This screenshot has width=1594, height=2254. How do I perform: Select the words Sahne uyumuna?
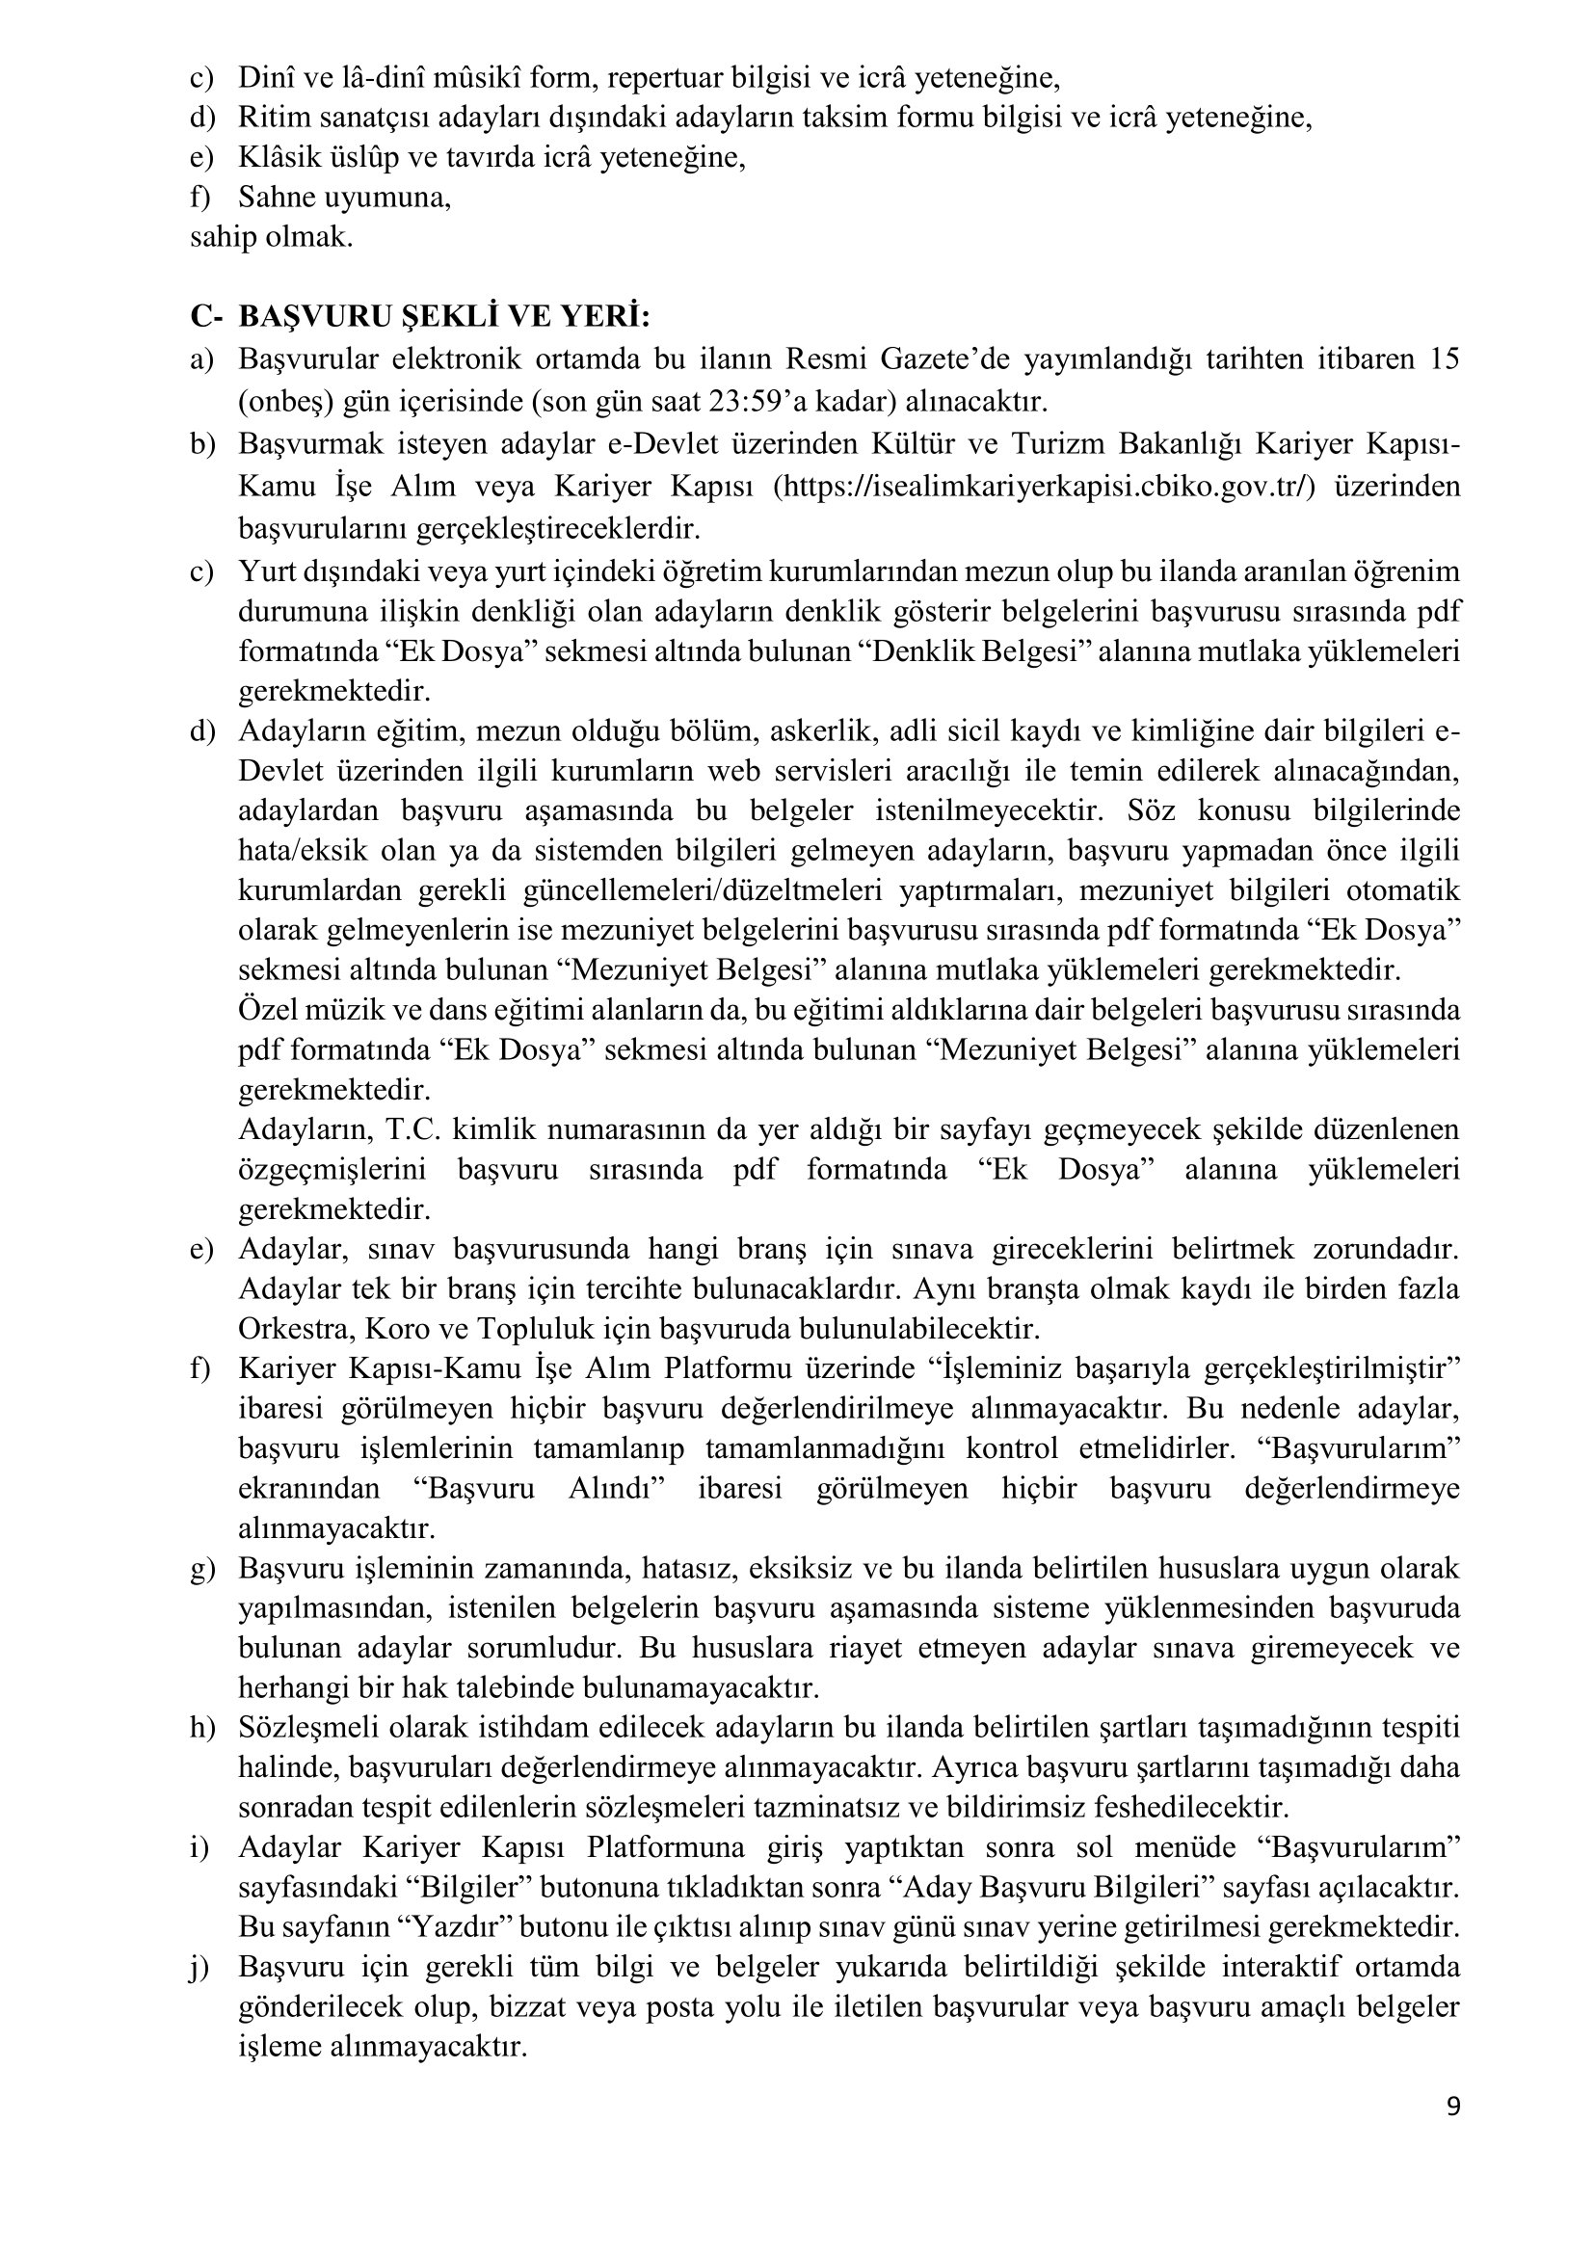point(344,198)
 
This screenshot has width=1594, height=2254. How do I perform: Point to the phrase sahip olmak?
point(271,238)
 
